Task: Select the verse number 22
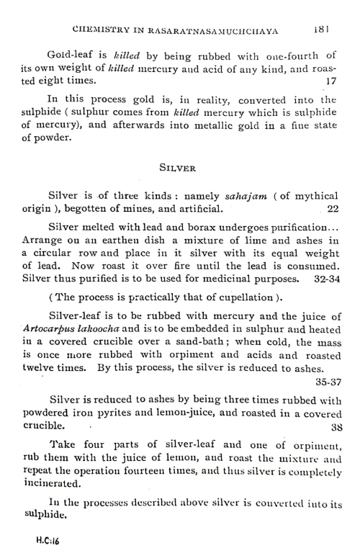tap(332, 210)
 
